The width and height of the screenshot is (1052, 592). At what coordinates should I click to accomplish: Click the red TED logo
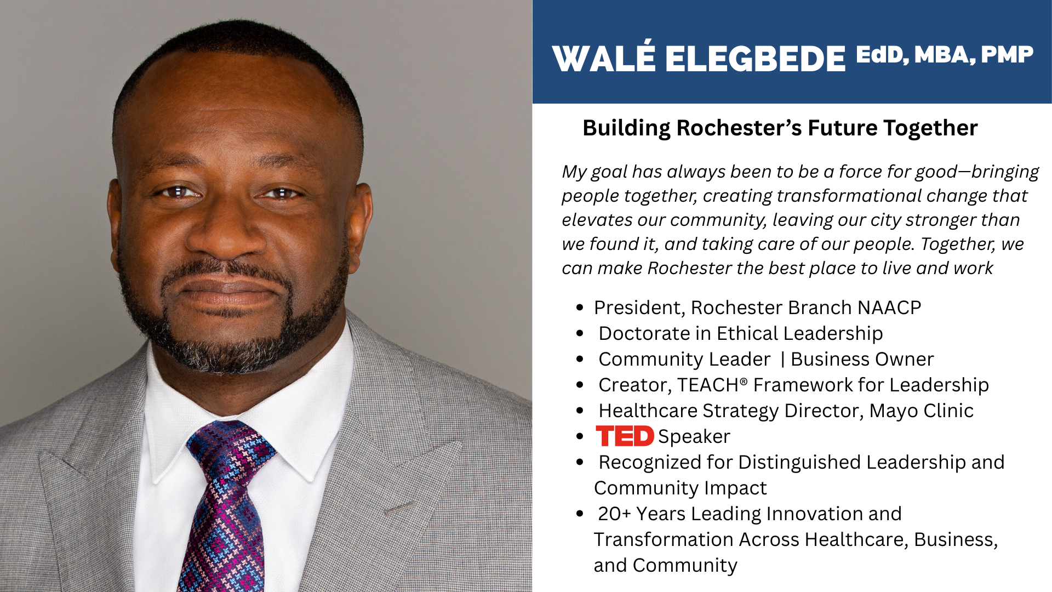click(x=625, y=436)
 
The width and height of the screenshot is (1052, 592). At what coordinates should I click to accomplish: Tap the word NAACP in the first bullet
click(x=889, y=308)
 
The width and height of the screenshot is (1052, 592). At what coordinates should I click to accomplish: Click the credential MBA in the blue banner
click(x=945, y=55)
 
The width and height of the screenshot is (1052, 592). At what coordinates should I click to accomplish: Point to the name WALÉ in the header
click(x=603, y=58)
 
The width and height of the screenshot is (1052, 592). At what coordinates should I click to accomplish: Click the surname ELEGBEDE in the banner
click(x=756, y=59)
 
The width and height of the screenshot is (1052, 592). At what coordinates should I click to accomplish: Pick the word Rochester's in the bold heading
click(x=739, y=128)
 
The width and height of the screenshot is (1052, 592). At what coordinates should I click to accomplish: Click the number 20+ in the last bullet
click(x=614, y=514)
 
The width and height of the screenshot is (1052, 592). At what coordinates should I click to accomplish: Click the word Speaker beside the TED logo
click(x=694, y=436)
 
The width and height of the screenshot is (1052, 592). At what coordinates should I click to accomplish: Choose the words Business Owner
click(x=862, y=359)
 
